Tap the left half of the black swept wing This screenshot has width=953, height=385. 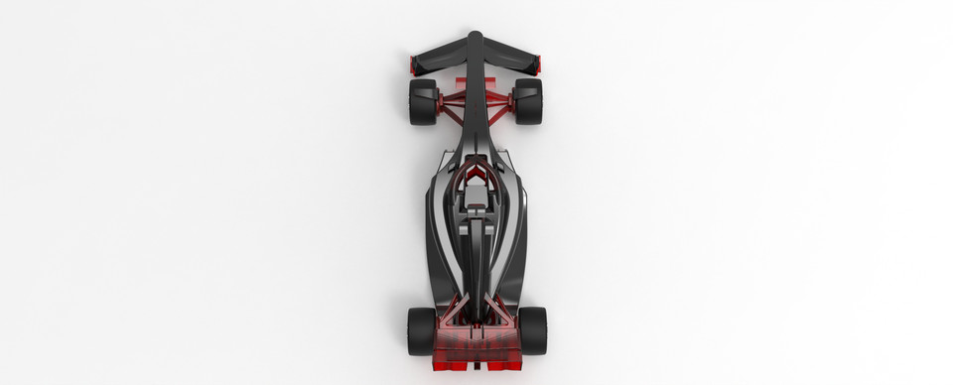[440, 55]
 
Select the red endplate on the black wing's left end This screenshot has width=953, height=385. [412, 65]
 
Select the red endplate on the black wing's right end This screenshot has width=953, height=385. [539, 65]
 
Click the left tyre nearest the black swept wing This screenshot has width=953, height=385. [422, 101]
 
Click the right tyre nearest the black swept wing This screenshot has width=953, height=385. [528, 101]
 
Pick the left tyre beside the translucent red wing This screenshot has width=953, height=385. [420, 329]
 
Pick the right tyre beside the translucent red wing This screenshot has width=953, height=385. [533, 329]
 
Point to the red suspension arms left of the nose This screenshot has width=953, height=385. [453, 99]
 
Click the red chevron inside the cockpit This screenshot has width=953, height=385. [476, 178]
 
